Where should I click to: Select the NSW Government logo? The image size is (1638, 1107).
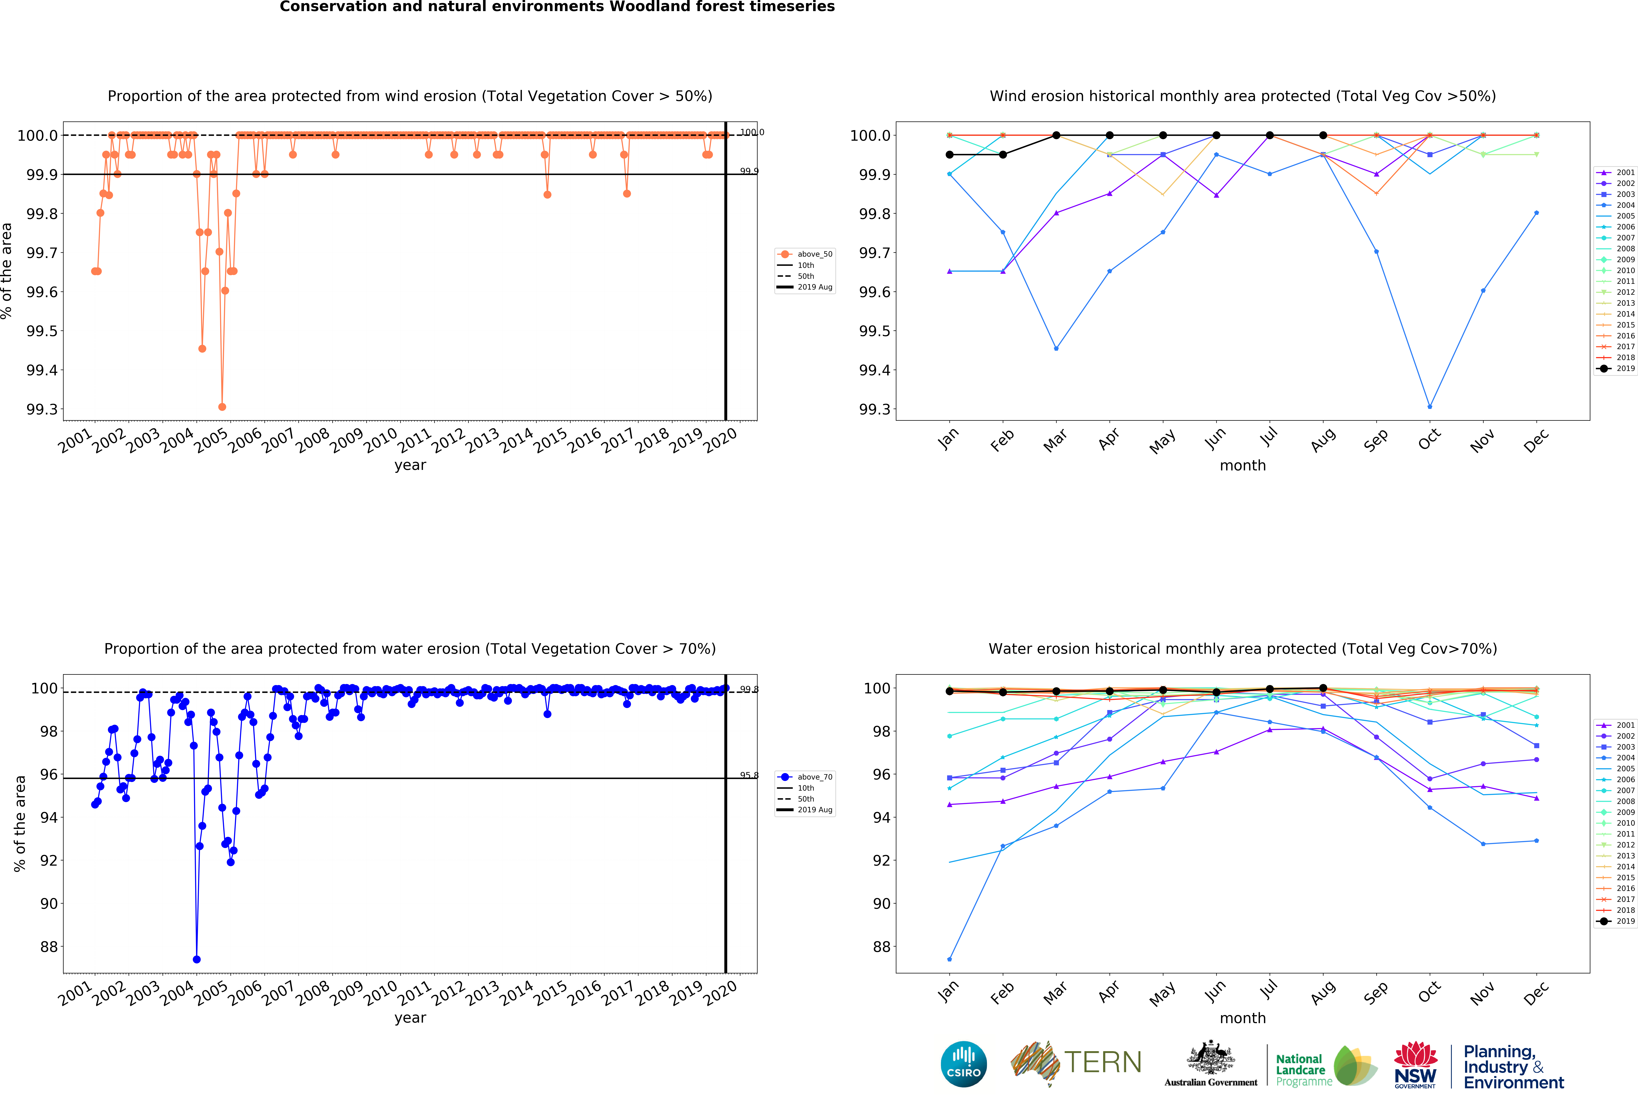click(1415, 1065)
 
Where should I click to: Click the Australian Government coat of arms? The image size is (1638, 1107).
click(1210, 1057)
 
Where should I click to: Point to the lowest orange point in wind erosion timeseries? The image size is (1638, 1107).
click(222, 407)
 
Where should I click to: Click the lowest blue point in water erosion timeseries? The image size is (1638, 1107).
click(197, 959)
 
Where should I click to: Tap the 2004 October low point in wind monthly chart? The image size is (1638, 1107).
click(1429, 407)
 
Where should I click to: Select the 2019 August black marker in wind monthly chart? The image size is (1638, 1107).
click(1323, 135)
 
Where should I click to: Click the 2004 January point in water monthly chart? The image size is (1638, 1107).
click(949, 959)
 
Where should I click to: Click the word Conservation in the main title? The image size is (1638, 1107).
click(328, 7)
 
